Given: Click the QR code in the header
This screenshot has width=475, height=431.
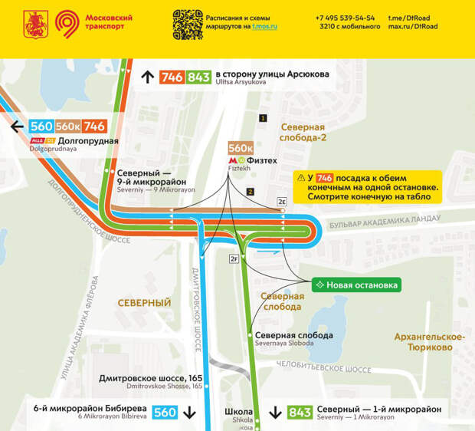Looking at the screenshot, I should tap(187, 25).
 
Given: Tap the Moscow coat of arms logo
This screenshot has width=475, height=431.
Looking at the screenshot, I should tap(34, 25).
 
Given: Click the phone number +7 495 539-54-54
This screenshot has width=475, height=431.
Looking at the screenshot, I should tap(346, 18).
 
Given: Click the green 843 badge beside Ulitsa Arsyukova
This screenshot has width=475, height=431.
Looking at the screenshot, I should tap(198, 77).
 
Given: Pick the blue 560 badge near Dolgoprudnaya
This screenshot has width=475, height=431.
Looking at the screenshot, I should tap(41, 127).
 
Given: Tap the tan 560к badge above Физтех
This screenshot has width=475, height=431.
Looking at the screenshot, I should tap(241, 148).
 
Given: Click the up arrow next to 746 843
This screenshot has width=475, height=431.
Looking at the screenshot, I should tap(148, 77).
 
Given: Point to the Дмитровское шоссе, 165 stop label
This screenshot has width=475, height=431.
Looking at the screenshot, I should tap(151, 379).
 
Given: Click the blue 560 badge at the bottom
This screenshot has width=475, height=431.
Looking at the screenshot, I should tap(165, 413).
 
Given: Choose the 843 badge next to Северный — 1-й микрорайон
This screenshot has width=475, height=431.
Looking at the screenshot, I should tap(300, 413).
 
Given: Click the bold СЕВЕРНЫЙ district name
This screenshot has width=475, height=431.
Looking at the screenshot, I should tap(144, 303).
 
